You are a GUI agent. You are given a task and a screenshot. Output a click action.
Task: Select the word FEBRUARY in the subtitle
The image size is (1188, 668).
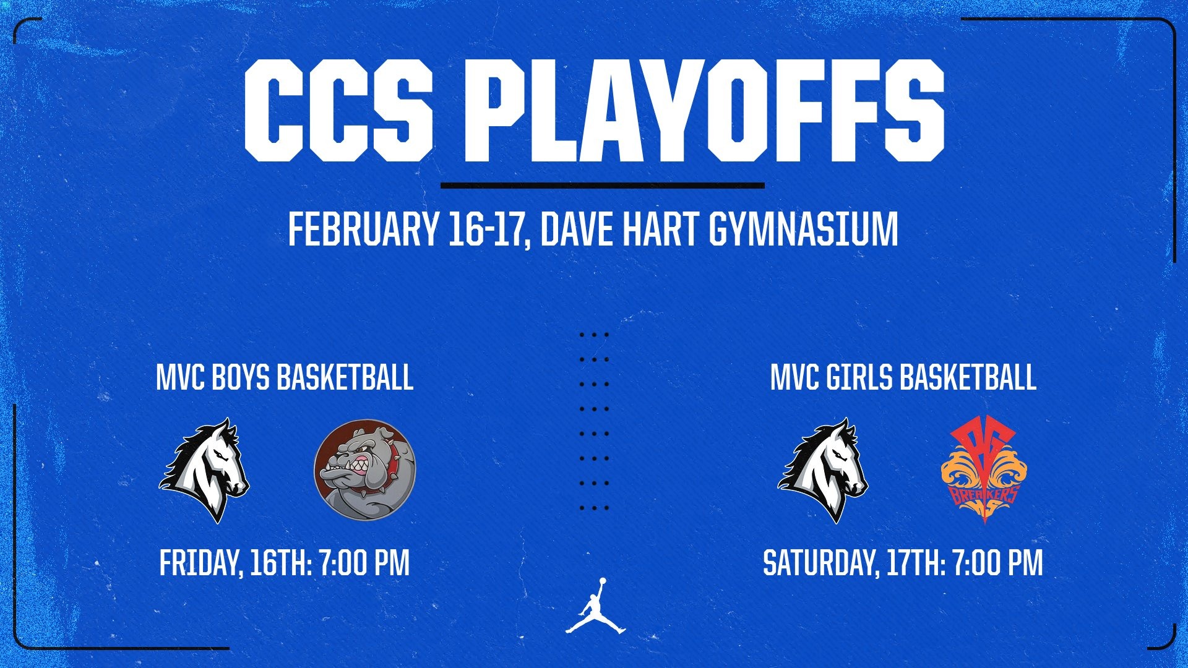click(x=363, y=229)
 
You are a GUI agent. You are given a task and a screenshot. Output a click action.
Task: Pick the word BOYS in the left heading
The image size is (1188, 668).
click(x=241, y=377)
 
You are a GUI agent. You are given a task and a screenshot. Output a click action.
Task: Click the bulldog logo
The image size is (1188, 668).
click(x=365, y=470)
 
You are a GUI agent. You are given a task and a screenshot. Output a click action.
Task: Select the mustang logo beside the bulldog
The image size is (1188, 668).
click(x=204, y=470)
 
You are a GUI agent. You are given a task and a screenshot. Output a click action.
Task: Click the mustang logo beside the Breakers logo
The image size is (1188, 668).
click(x=823, y=470)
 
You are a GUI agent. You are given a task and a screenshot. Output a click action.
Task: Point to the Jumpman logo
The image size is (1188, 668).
click(x=595, y=607)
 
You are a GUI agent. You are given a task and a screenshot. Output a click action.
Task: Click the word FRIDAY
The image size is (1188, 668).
click(x=200, y=563)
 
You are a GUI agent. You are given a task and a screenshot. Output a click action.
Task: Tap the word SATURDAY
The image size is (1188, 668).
click(x=820, y=563)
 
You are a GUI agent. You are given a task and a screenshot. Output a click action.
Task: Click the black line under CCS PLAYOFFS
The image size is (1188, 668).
click(x=602, y=185)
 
